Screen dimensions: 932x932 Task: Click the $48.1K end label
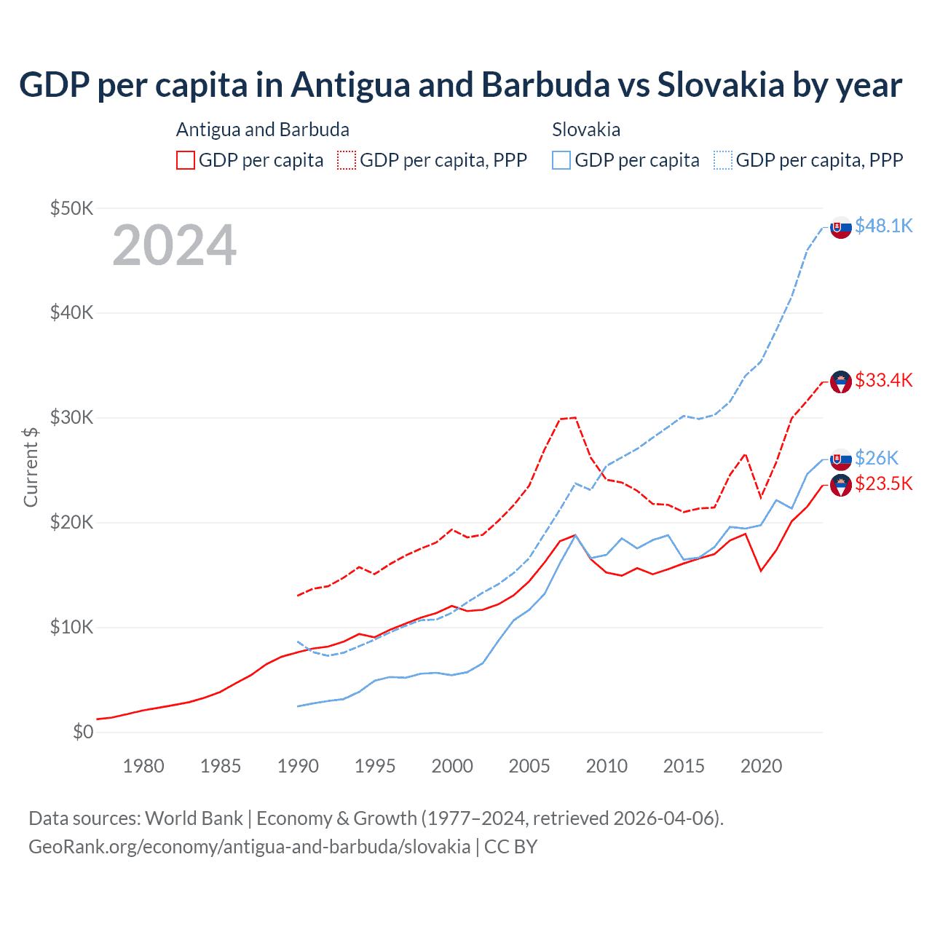(x=883, y=226)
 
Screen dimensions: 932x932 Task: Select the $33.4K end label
(x=883, y=380)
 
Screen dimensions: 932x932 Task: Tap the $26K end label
(x=876, y=458)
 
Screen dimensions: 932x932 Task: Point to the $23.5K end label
(x=883, y=483)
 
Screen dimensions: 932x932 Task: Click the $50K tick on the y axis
(x=71, y=208)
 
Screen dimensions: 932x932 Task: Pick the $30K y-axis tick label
(x=71, y=418)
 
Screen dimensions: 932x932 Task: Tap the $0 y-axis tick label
(x=82, y=732)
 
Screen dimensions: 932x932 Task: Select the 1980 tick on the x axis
(x=143, y=766)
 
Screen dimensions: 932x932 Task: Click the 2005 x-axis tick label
(x=529, y=766)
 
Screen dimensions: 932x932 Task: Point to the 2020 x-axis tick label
(x=761, y=766)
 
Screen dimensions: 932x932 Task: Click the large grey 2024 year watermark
(x=175, y=245)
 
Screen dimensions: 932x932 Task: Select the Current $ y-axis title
(x=31, y=467)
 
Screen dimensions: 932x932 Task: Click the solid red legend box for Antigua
(x=186, y=160)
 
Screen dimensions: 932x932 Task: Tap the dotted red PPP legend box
(x=347, y=160)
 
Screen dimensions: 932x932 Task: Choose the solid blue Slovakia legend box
(x=561, y=160)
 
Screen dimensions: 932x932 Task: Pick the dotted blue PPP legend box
(x=723, y=160)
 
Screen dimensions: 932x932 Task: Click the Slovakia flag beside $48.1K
(x=841, y=228)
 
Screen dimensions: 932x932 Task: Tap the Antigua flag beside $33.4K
(x=841, y=382)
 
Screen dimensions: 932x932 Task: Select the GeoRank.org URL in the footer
(x=249, y=847)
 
